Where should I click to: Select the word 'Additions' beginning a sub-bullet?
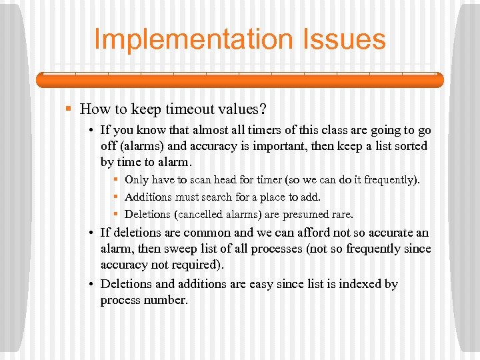[x=148, y=197]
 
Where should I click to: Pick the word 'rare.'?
[x=341, y=215]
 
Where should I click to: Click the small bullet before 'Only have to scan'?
[x=116, y=180]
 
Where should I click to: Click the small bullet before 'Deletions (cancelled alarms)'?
[x=116, y=215]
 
